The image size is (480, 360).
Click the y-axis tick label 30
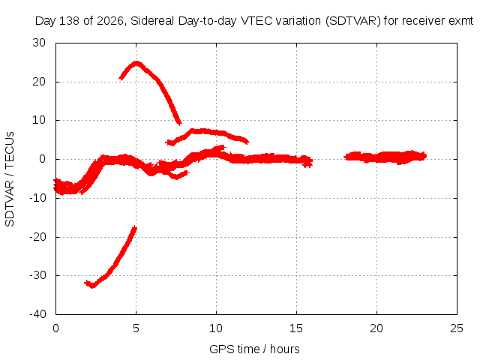pos(39,43)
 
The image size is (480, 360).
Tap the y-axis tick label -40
pos(37,313)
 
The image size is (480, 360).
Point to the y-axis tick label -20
pos(37,237)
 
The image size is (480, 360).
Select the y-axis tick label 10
pos(39,120)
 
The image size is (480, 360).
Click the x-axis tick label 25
pos(457,328)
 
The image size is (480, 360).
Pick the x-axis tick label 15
pos(296,328)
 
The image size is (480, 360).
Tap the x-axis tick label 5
pos(136,328)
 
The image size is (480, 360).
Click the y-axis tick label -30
pos(37,275)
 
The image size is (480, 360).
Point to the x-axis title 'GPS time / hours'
pos(254,349)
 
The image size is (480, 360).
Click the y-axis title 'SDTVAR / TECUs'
pos(10,179)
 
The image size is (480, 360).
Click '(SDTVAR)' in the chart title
pos(353,21)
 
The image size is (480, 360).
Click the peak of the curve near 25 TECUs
pos(136,63)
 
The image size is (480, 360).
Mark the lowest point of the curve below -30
pos(92,286)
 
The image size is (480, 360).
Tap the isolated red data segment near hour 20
pos(385,157)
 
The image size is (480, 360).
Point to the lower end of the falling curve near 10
pos(180,123)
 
